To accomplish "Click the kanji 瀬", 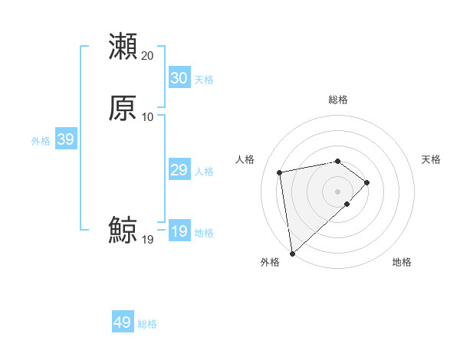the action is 123,46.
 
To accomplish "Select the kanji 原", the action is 123,108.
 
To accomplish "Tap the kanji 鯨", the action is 123,231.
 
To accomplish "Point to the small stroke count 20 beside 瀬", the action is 147,56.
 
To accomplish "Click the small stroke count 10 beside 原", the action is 147,117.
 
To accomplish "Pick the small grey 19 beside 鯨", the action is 147,240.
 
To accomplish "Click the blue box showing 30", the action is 179,78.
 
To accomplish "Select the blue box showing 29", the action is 179,170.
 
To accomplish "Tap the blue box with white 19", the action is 179,231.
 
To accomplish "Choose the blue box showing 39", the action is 65,139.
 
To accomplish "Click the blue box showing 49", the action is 123,322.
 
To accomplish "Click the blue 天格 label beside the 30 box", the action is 204,79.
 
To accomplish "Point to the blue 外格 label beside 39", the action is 41,140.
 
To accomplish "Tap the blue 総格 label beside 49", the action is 147,324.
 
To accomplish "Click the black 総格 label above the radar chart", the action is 337,100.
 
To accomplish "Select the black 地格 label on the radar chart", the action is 402,262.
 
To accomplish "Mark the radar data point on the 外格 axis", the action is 291,253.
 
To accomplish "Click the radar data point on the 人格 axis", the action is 280,172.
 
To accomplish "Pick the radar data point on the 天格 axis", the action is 367,182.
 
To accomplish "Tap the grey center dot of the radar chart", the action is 337,191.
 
